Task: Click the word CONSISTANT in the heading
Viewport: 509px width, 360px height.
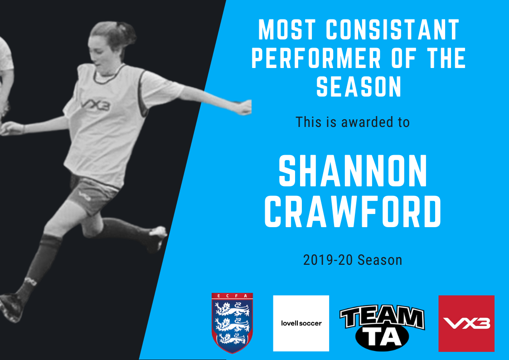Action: [x=393, y=29]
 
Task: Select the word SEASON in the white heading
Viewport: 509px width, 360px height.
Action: [x=359, y=86]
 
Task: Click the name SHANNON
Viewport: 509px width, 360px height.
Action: [x=353, y=171]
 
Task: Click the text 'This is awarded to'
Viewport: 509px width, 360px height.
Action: [x=353, y=122]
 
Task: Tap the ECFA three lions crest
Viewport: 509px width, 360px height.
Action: [x=232, y=323]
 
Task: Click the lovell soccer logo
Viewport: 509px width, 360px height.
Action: [x=301, y=323]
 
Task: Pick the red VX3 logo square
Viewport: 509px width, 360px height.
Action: [x=466, y=323]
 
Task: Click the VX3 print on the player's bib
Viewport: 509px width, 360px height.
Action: [x=95, y=105]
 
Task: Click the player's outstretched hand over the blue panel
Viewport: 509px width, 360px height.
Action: [x=245, y=107]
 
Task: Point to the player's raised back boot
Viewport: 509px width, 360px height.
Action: [x=156, y=238]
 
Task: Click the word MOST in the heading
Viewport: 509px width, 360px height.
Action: [x=286, y=29]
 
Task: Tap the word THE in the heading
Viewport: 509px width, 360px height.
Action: [x=444, y=58]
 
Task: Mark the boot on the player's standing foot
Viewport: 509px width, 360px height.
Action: [x=11, y=307]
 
